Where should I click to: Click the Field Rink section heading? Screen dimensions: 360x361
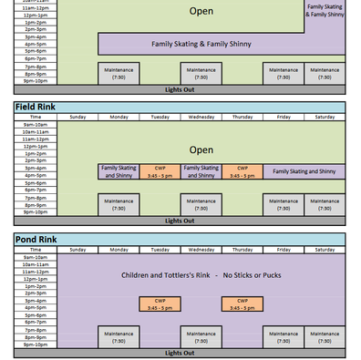pos(36,107)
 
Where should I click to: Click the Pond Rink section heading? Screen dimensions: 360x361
pos(36,239)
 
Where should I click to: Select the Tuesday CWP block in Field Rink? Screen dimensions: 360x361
pos(160,171)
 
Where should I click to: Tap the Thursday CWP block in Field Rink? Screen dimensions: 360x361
pos(242,171)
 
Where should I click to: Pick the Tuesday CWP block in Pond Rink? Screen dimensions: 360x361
pos(160,303)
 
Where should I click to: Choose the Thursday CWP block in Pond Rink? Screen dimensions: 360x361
pos(242,303)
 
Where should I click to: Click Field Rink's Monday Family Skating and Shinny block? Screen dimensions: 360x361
pos(119,171)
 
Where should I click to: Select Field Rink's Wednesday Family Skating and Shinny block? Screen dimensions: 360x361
pos(201,171)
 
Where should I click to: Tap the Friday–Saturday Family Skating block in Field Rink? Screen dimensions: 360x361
pos(304,171)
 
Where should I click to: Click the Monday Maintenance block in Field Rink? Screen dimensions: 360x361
pos(119,204)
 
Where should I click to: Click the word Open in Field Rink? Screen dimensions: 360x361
pos(201,149)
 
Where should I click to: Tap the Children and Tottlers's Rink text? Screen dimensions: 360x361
pos(201,274)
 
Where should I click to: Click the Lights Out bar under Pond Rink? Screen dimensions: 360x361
pos(180,353)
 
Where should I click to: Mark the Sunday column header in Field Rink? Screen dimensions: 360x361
pos(77,117)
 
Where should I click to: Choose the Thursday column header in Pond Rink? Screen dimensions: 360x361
pos(242,249)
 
